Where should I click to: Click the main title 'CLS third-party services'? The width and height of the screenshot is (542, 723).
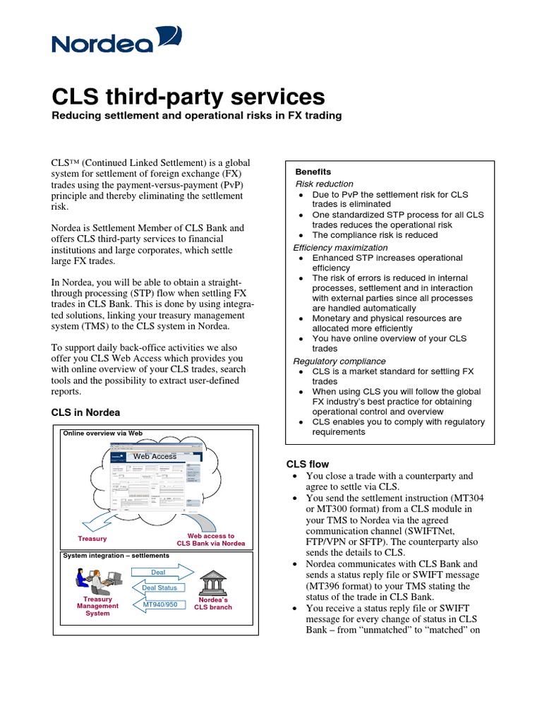(188, 96)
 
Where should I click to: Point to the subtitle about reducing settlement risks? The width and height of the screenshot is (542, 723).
(197, 115)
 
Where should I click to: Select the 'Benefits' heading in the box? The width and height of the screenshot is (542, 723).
(313, 172)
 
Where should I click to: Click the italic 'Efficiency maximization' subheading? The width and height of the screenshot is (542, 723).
(340, 248)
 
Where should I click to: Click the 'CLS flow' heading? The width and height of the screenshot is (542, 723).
(307, 464)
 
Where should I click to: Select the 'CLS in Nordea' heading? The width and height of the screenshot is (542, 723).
(85, 412)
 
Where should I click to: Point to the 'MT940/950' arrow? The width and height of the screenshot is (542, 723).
(160, 604)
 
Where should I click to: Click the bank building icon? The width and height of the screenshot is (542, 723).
(212, 582)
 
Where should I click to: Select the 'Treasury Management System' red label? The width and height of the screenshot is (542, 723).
(97, 606)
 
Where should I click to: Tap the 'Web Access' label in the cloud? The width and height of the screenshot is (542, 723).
(155, 456)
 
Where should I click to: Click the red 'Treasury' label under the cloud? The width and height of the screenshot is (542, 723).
(92, 539)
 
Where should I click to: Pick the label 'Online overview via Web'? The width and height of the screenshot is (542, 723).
(103, 433)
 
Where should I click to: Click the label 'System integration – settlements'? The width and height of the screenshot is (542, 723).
(116, 556)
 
